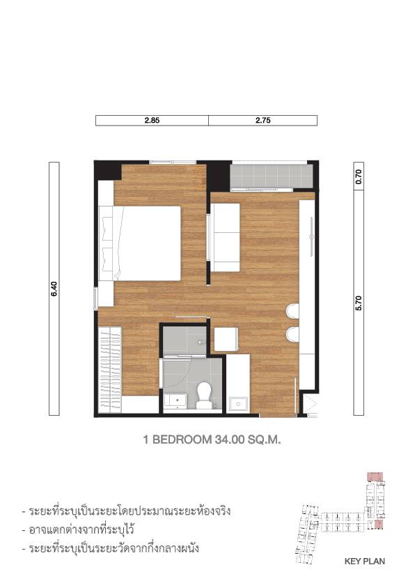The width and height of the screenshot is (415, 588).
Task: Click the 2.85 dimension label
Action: (152, 121)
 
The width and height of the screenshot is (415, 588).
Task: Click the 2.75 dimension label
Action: (263, 121)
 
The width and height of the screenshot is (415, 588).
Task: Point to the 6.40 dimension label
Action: (54, 289)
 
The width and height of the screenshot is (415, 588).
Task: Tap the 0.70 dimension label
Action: (359, 176)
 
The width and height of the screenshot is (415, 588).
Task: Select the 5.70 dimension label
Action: (359, 303)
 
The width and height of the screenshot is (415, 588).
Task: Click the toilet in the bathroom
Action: (204, 395)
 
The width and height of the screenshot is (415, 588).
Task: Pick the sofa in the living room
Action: (225, 237)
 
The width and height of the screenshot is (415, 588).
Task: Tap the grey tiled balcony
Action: (272, 176)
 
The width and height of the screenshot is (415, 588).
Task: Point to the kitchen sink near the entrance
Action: (238, 404)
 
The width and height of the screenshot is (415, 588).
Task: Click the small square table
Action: (226, 339)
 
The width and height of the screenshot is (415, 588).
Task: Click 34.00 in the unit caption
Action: (229, 439)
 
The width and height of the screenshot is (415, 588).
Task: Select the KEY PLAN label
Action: (364, 561)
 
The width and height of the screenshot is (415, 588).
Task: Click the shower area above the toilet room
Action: (185, 340)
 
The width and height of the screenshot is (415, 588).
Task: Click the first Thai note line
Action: (126, 511)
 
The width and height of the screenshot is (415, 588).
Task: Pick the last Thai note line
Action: (111, 548)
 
